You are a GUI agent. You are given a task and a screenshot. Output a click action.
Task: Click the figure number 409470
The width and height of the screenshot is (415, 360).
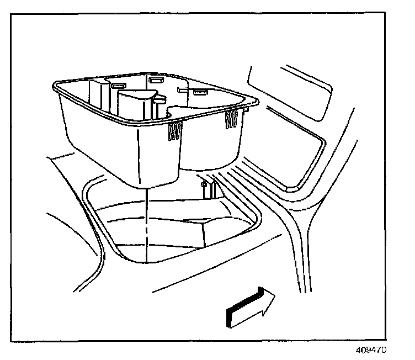click(x=373, y=350)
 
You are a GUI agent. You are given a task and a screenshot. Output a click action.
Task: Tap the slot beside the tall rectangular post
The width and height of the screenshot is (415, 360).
click(x=118, y=85)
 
